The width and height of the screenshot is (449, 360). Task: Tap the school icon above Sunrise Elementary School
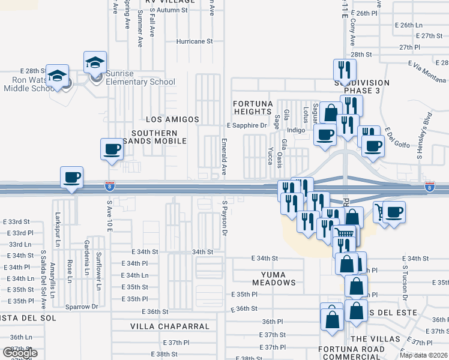95,62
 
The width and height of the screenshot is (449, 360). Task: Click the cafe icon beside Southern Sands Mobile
112,149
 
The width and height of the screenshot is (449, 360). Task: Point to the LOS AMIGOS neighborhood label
172,120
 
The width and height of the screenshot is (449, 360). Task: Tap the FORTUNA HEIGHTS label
253,107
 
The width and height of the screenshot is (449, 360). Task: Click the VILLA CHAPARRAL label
170,327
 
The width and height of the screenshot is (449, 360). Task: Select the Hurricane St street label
194,41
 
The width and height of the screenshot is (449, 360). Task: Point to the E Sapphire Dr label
246,125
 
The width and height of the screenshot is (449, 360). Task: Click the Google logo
20,353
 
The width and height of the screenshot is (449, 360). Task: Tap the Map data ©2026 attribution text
423,355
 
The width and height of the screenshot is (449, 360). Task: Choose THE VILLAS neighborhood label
375,339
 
